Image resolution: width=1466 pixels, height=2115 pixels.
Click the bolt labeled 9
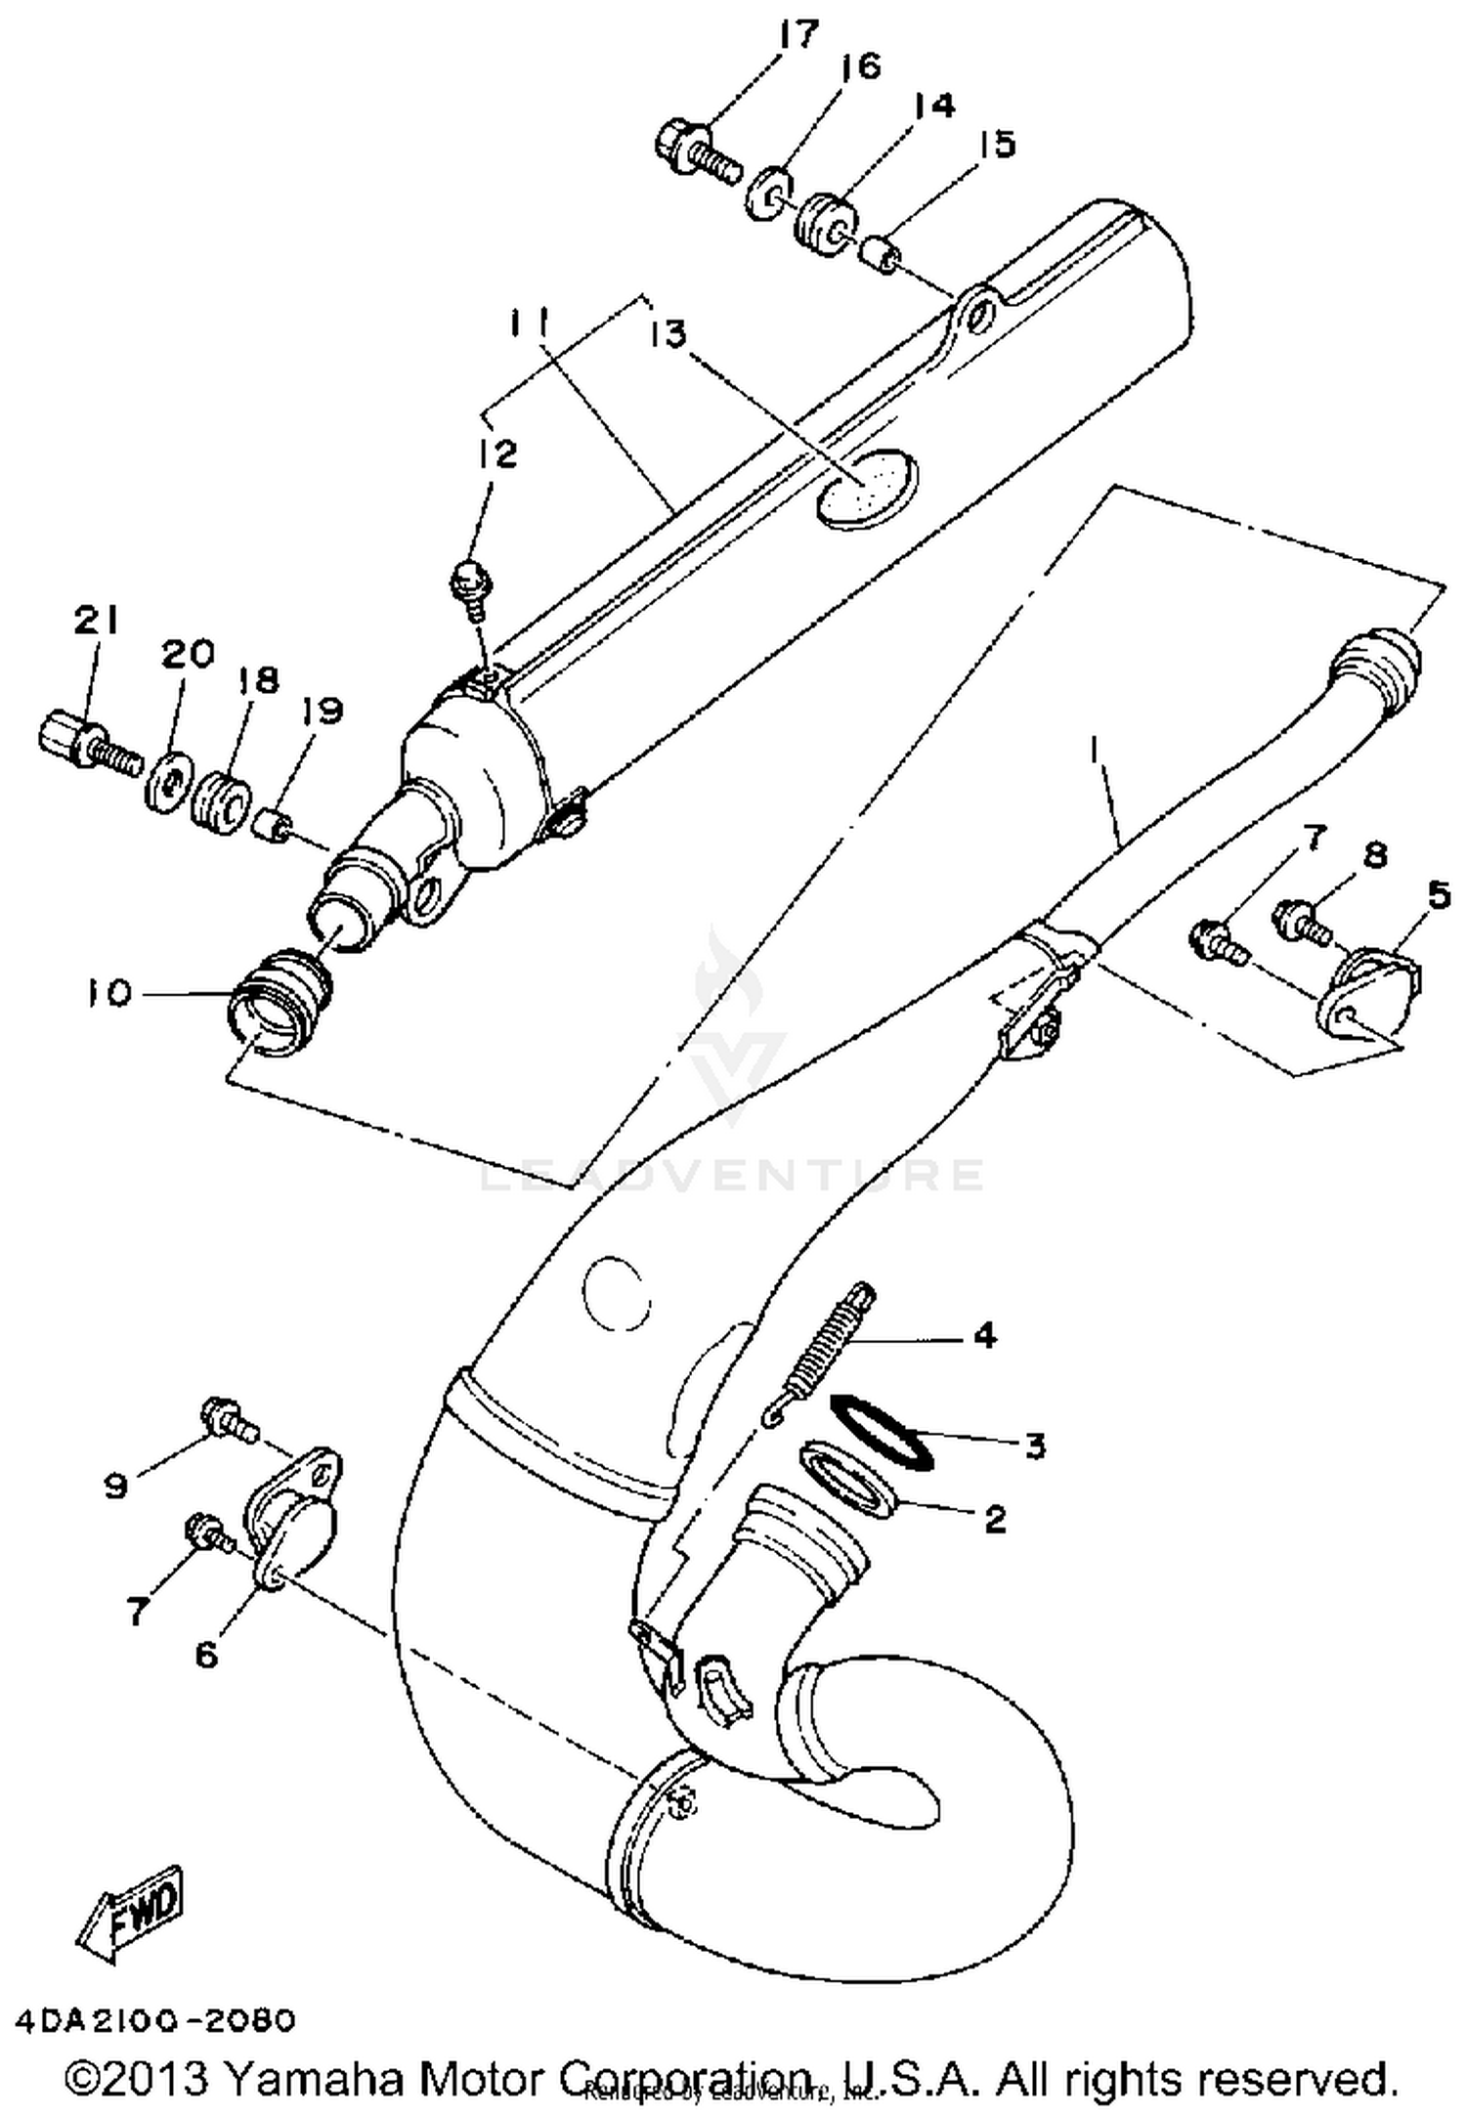[227, 1420]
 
